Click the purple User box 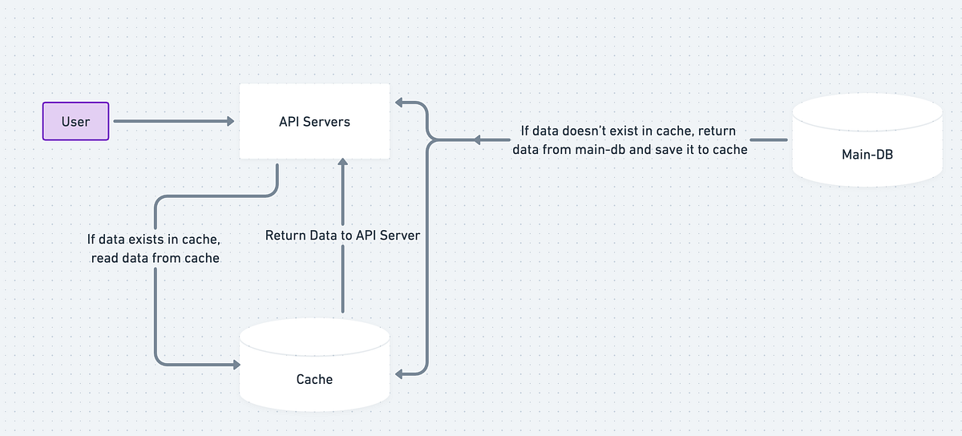click(75, 122)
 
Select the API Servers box click(314, 122)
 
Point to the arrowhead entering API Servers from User click(230, 122)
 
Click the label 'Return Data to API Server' click(342, 236)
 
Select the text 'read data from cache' click(153, 257)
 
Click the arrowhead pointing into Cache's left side click(236, 365)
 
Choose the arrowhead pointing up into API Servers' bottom click(342, 162)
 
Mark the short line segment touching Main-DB click(768, 139)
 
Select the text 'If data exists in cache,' click(153, 239)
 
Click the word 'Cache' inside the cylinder click(314, 378)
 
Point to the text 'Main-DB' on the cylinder click(867, 154)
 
